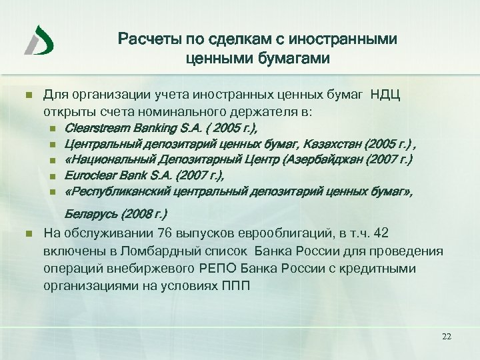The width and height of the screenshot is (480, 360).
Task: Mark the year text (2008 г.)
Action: [x=144, y=215]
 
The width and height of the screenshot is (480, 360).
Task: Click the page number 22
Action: [x=447, y=337]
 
